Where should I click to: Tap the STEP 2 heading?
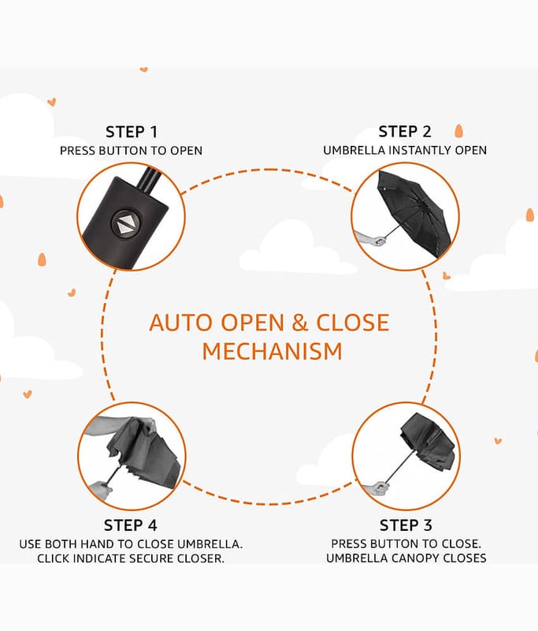click(405, 131)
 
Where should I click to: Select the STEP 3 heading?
click(406, 525)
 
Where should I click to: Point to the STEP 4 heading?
click(135, 525)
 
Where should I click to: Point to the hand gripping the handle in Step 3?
click(379, 487)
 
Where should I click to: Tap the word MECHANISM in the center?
click(272, 351)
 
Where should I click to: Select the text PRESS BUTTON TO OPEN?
click(131, 151)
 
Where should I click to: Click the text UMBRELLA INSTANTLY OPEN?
click(405, 150)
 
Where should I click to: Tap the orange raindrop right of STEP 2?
click(458, 130)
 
